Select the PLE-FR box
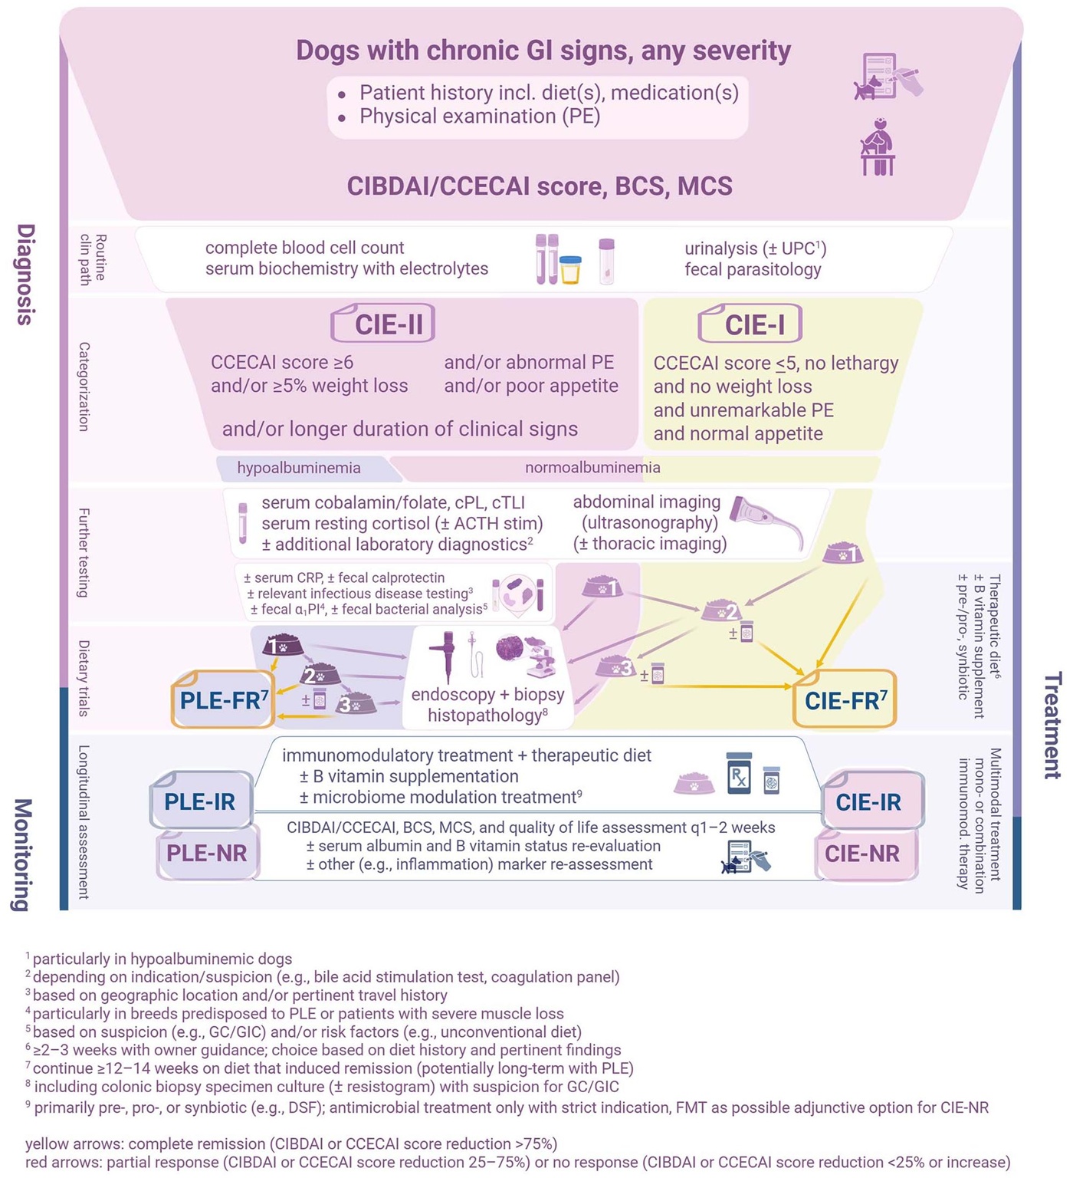tap(223, 699)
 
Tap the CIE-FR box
tap(845, 699)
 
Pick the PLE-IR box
tap(200, 801)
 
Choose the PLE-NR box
tap(206, 853)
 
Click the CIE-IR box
tap(868, 802)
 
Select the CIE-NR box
tap(862, 853)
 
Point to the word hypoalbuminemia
tap(298, 468)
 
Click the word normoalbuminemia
tap(592, 467)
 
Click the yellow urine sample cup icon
tap(570, 269)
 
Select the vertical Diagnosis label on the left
tap(26, 274)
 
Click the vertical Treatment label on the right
tap(1053, 725)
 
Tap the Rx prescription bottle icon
tap(739, 774)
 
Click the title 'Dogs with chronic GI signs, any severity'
tap(543, 51)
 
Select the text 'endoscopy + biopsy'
tap(487, 694)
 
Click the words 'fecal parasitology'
tap(753, 269)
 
